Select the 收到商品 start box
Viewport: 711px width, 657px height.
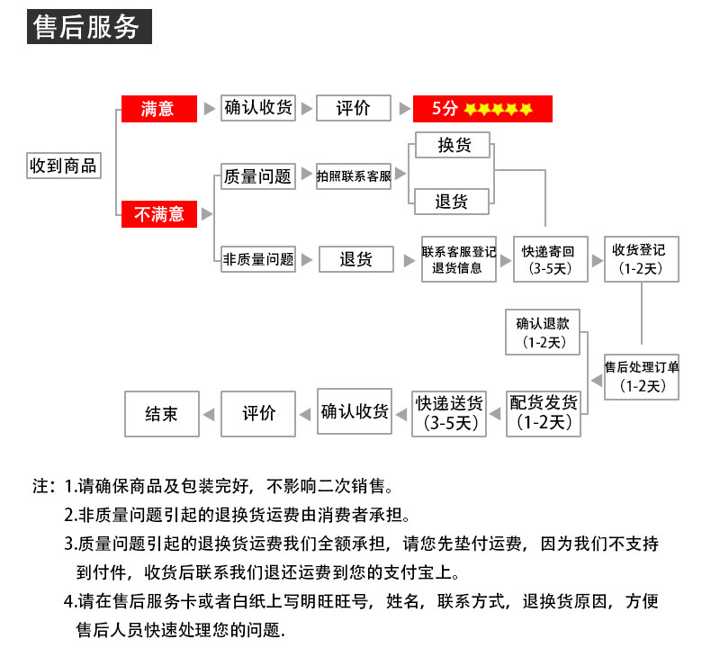[62, 166]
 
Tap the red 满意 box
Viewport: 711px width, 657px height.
[158, 109]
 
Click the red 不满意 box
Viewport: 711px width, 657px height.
[158, 214]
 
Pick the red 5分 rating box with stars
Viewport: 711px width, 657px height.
[481, 109]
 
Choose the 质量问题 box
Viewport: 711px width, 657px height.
[258, 176]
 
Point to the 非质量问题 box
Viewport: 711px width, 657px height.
[258, 259]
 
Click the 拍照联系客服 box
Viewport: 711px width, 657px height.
[354, 176]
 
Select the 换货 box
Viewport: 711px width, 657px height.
[454, 145]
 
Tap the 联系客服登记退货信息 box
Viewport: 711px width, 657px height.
[458, 259]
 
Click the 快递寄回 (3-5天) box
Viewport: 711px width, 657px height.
[547, 259]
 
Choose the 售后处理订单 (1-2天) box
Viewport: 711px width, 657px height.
[642, 375]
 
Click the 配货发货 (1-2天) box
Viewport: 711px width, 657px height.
[544, 412]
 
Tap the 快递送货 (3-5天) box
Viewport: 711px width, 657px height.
[448, 412]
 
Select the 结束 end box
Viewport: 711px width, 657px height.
[161, 413]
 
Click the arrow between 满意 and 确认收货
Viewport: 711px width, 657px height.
[210, 109]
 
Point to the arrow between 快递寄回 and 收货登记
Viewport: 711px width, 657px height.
[597, 259]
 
